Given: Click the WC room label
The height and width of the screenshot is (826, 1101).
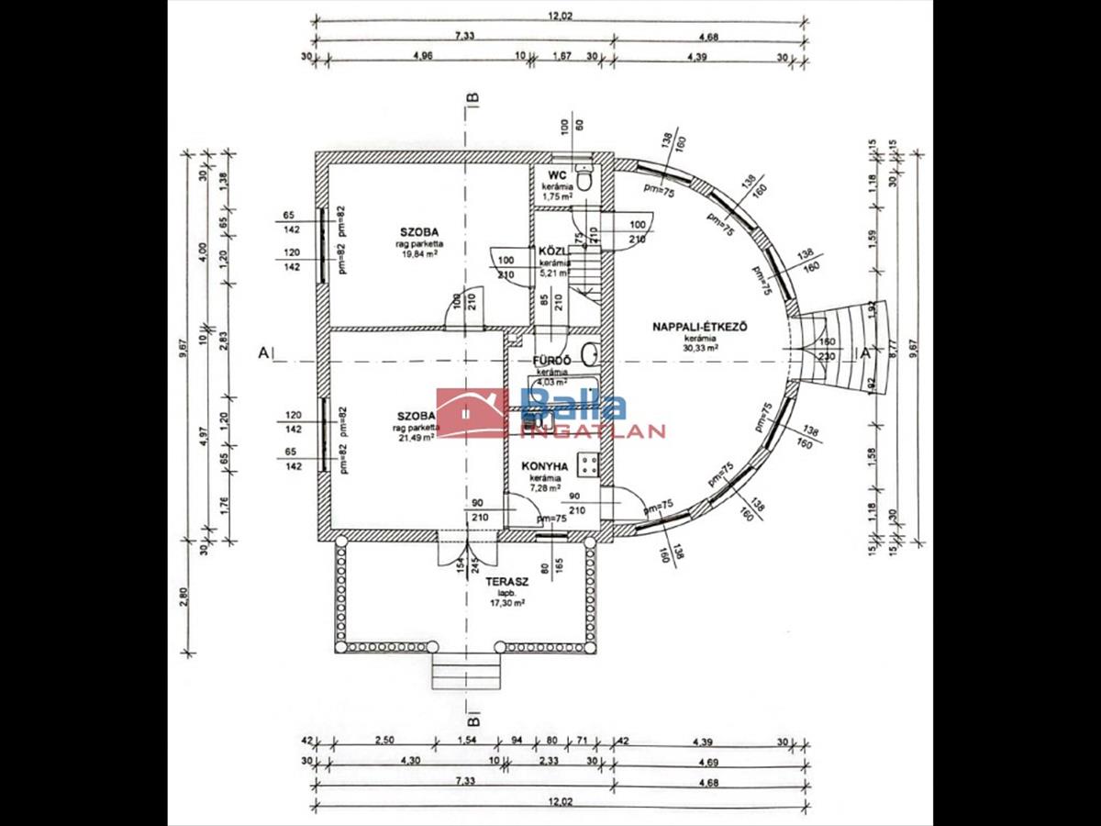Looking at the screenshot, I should [556, 175].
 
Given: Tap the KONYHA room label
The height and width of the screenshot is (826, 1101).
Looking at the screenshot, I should [545, 466].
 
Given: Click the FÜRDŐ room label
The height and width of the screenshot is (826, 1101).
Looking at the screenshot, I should [552, 361].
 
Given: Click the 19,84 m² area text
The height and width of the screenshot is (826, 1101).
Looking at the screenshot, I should [417, 256].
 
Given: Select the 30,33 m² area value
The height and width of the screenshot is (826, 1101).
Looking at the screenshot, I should [700, 348].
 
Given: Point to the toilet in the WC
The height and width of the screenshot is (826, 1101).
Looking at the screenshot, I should [585, 175].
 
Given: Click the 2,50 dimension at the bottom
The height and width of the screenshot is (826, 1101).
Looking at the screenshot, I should [385, 740].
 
